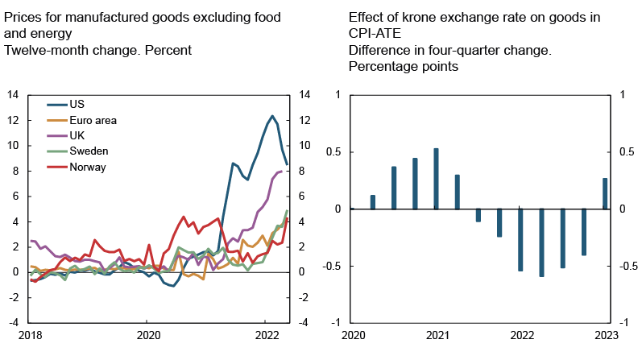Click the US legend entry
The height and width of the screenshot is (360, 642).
(77, 105)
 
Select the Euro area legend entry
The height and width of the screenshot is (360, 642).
(93, 120)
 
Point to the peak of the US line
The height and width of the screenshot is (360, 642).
(272, 115)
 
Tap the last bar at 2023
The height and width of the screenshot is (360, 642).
(606, 193)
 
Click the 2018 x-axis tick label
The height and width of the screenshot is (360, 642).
(31, 334)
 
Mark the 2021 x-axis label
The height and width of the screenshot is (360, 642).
(437, 334)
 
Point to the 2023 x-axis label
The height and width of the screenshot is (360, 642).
(607, 334)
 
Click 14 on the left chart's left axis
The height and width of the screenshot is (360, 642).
(12, 95)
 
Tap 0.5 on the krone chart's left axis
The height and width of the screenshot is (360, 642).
(332, 152)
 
